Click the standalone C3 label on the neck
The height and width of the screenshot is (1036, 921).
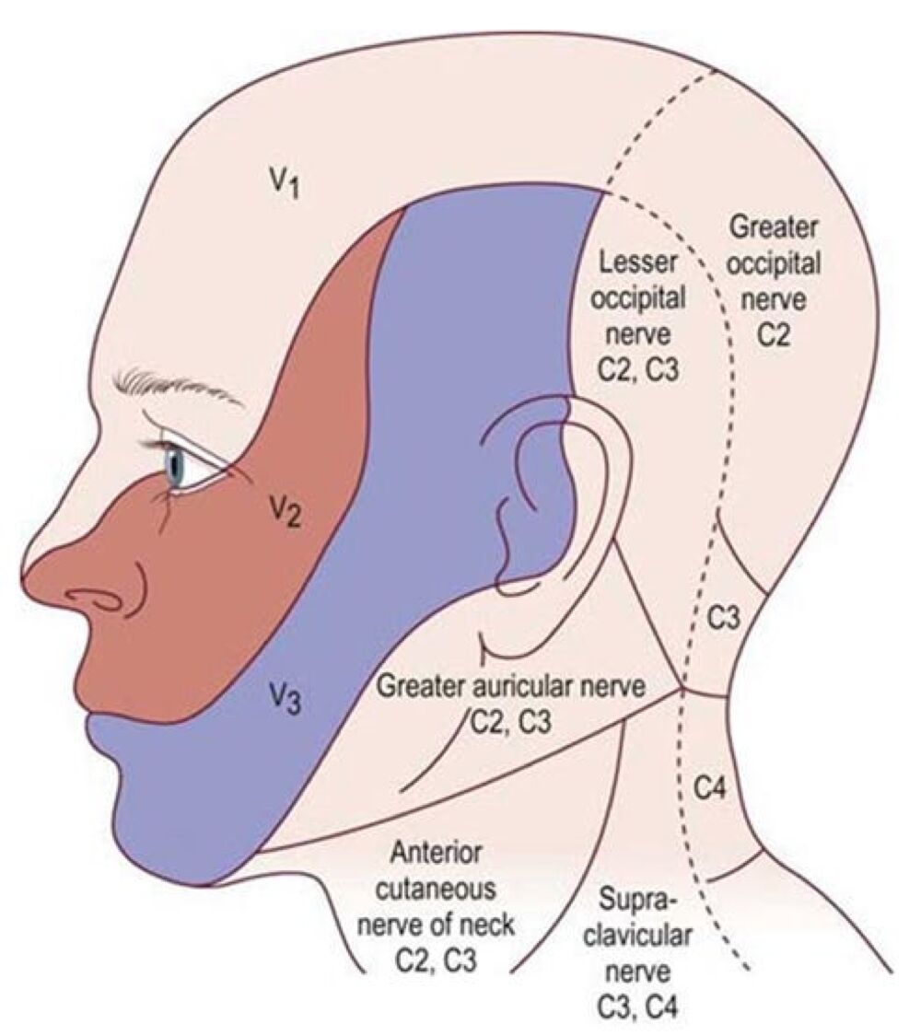[x=724, y=619]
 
